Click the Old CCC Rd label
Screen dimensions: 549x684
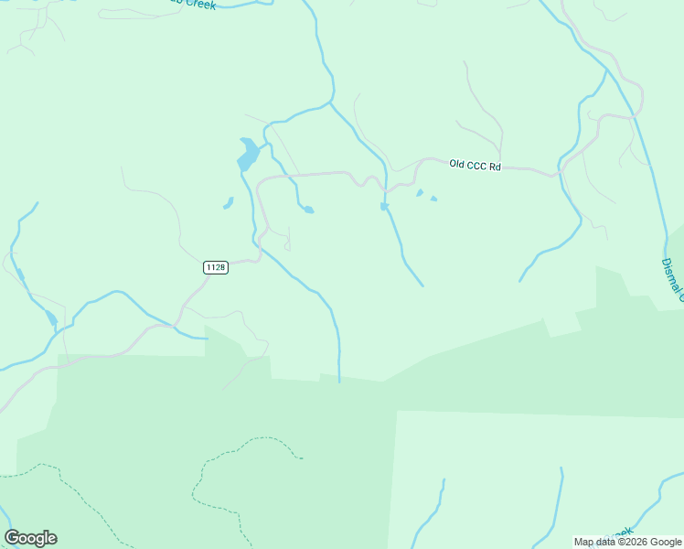(x=476, y=166)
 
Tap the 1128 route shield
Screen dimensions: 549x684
(x=215, y=267)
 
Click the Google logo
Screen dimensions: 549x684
(x=31, y=538)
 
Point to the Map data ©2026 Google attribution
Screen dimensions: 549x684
(x=627, y=542)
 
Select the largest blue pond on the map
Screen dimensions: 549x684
(x=247, y=154)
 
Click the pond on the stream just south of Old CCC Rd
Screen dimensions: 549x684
(x=385, y=207)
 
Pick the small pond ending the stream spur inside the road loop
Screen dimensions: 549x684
(x=309, y=210)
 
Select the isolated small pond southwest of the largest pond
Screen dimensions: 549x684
(x=228, y=203)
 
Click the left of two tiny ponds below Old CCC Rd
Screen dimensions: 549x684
(x=420, y=193)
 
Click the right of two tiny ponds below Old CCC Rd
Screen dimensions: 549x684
(x=433, y=198)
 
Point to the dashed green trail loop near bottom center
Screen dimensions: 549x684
(x=242, y=457)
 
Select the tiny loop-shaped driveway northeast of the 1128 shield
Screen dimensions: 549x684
(x=287, y=243)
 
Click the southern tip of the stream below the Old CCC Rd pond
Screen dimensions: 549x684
(x=422, y=285)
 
